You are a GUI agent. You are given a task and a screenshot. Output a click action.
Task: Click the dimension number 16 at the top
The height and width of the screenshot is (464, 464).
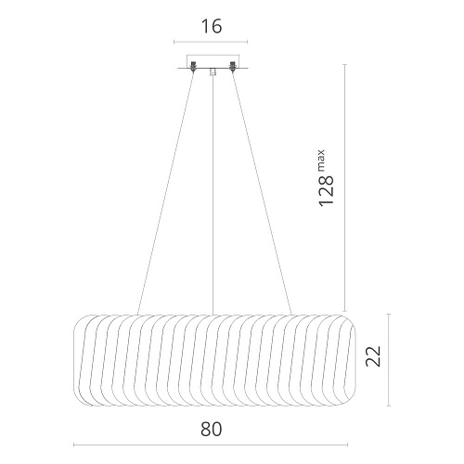(212, 26)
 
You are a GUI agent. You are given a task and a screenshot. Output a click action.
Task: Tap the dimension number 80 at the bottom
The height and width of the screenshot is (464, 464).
(212, 430)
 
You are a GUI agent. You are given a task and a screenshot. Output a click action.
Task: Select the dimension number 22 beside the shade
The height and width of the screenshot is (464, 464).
(373, 356)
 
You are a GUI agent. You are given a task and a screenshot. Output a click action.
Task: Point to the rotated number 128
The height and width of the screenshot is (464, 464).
(326, 190)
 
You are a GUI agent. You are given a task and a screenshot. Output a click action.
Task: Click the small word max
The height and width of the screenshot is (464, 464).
(321, 161)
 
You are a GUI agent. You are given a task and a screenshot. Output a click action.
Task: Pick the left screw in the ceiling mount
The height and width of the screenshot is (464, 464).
(193, 67)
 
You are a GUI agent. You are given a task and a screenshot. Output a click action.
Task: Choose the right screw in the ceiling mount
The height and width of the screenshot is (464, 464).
(232, 67)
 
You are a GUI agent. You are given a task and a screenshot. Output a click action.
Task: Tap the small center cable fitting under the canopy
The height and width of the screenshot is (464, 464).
(213, 71)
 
